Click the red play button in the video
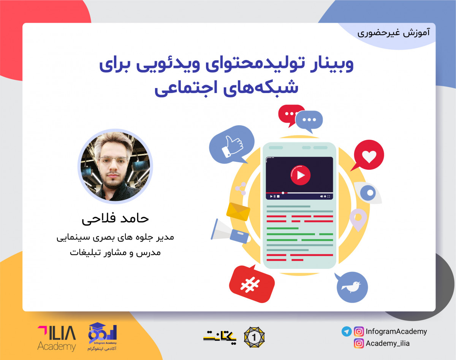300,175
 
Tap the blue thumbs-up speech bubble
231,145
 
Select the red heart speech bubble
368,155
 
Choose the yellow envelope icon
238,211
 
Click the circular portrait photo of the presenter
115,166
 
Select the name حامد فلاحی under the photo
115,219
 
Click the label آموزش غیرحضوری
394,32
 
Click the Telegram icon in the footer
346,332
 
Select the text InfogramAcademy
396,332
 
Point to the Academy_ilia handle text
388,344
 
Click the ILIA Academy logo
57,338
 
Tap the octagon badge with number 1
254,336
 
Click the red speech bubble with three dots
291,114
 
